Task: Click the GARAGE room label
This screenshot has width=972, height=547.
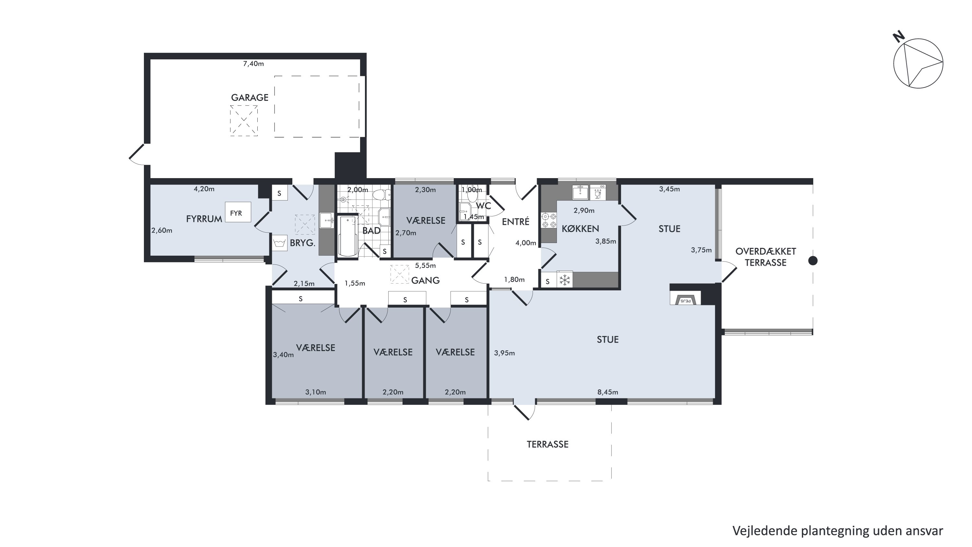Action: coord(250,97)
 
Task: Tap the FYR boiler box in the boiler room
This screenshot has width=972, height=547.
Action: coord(238,212)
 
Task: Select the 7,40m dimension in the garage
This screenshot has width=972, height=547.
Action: coord(253,64)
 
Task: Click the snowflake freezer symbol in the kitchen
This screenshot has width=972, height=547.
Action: coord(565,280)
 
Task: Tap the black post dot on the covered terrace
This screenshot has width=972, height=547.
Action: coord(813,261)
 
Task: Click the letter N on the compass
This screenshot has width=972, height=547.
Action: coord(899,37)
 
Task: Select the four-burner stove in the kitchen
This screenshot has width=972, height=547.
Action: coord(549,221)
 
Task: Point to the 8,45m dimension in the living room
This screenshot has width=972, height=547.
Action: coord(607,392)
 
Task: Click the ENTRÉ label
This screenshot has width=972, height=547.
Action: coord(515,222)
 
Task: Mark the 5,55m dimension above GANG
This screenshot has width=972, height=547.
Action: coord(425,266)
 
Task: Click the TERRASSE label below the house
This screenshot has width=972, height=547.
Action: coord(547,444)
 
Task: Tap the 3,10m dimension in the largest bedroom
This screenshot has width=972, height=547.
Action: coord(315,392)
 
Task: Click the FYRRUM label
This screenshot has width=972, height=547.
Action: coord(204,219)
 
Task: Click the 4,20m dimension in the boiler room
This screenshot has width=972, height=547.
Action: coord(204,189)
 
